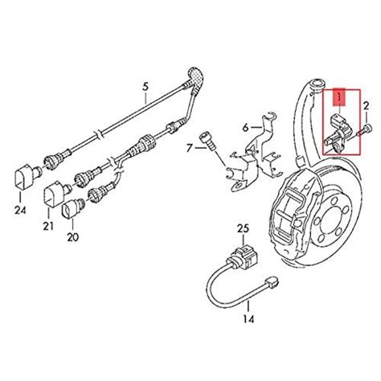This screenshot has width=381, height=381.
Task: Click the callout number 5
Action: (x=145, y=87)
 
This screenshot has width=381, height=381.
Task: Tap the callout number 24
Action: (x=20, y=211)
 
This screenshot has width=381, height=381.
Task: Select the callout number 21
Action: (x=48, y=227)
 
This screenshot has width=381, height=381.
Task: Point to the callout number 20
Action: (x=73, y=237)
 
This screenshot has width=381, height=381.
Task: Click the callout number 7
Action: (x=190, y=148)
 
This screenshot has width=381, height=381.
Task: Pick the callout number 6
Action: (x=245, y=128)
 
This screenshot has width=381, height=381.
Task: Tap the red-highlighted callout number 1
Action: (x=339, y=97)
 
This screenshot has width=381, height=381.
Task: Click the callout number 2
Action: (x=366, y=106)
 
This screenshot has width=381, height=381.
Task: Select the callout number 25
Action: (x=243, y=228)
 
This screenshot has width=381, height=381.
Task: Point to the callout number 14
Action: (x=249, y=319)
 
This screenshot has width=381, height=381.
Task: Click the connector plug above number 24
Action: (x=27, y=176)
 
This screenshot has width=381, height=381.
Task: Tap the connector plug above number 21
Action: (x=57, y=194)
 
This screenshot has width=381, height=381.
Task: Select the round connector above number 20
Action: (x=73, y=209)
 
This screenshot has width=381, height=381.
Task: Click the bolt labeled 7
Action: (x=208, y=143)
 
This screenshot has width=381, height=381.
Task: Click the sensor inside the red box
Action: (x=338, y=133)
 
